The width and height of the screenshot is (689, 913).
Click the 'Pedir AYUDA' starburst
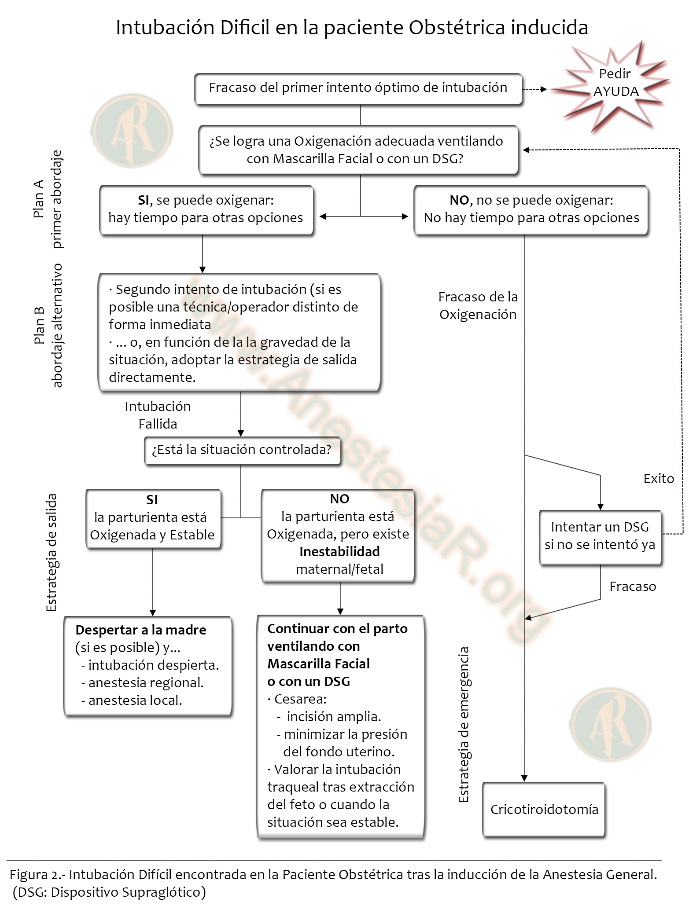615,83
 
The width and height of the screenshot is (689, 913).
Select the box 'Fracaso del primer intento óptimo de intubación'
358,88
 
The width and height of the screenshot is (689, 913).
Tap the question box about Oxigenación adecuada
358,150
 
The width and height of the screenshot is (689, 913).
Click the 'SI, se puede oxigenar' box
206,209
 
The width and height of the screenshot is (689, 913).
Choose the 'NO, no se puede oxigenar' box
531,209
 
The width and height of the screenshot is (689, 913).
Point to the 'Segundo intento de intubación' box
239,332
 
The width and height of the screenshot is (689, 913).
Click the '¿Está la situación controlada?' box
242,450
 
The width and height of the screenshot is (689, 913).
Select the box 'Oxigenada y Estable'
153,518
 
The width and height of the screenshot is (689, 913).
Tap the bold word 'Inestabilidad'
339,551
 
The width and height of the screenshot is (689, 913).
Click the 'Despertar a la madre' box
147,665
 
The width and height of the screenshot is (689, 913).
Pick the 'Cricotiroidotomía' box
544,809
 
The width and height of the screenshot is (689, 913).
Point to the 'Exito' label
659,479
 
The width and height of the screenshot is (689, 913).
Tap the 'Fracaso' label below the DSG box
633,587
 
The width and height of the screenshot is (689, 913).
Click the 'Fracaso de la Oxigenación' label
478,306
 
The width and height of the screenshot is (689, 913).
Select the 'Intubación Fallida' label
158,415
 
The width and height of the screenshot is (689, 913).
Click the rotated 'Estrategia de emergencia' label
464,724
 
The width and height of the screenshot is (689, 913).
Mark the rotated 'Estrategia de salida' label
52,552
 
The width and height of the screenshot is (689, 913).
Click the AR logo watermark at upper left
132,130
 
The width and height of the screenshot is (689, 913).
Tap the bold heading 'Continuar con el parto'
337,629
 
